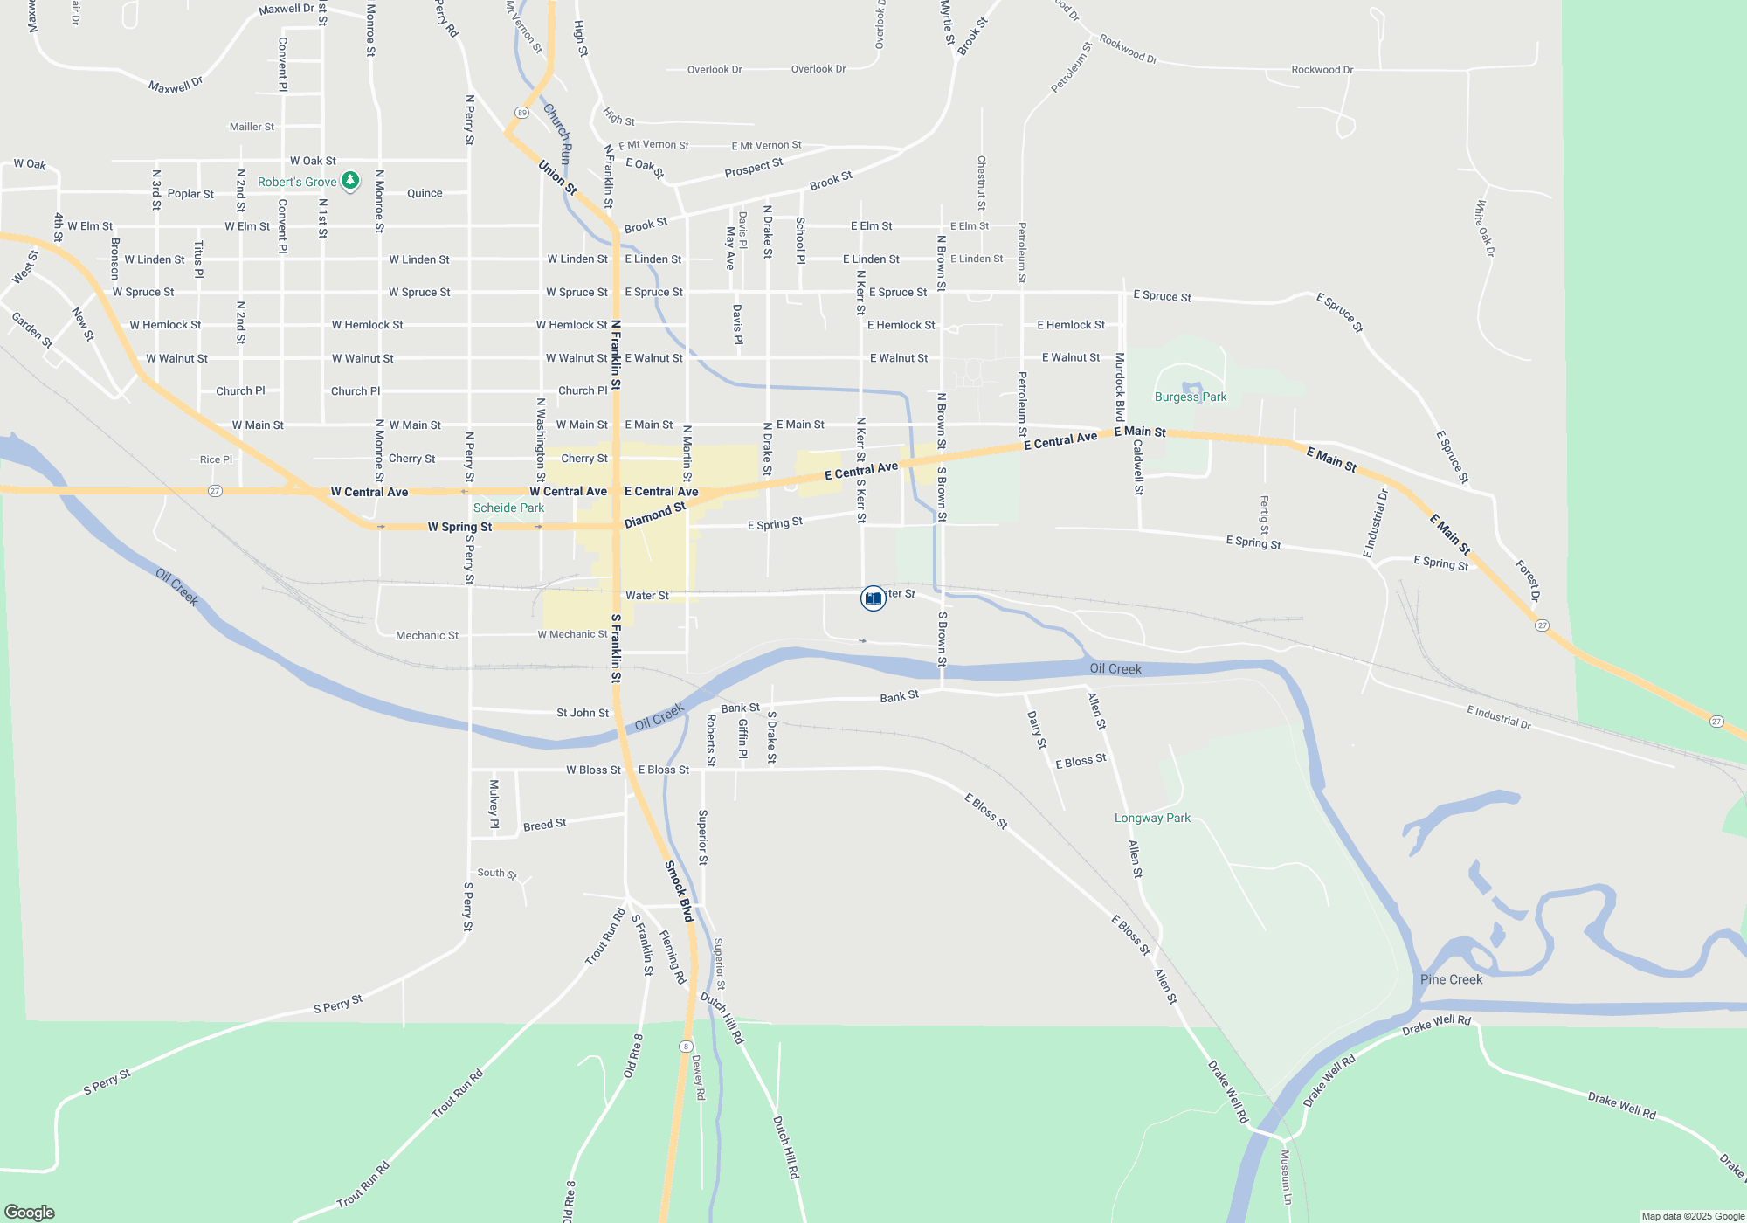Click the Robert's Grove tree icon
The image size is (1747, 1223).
(x=350, y=181)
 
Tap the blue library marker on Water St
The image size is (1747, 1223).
(x=873, y=598)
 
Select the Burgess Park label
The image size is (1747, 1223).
(x=1190, y=397)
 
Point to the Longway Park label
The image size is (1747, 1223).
(x=1152, y=819)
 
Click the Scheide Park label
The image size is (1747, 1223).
(x=508, y=508)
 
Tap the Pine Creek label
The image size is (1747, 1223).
(x=1451, y=979)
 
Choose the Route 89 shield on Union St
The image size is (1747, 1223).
(x=521, y=113)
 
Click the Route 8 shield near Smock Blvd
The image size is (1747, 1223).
(x=687, y=1047)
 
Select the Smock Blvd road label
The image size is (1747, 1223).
(x=679, y=891)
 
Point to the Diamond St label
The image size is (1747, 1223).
(x=655, y=515)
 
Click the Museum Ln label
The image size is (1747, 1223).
(x=1285, y=1177)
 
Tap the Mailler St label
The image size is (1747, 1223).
(x=252, y=127)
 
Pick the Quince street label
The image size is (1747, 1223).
(x=425, y=193)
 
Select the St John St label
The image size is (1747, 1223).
(x=583, y=713)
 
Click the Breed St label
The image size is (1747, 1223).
(x=544, y=825)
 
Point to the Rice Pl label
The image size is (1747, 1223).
(x=216, y=459)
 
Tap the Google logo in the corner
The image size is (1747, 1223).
(x=30, y=1212)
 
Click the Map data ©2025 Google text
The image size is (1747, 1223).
(x=1693, y=1216)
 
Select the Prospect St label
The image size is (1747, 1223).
(x=753, y=168)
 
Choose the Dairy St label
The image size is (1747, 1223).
(x=1037, y=729)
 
